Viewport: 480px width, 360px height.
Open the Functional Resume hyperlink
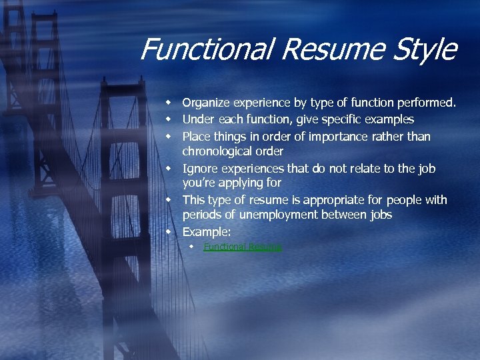pyautogui.click(x=243, y=247)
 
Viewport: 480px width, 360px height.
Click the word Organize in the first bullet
pyautogui.click(x=205, y=103)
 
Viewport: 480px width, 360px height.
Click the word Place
pyautogui.click(x=196, y=137)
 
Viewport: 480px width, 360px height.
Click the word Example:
pyautogui.click(x=207, y=232)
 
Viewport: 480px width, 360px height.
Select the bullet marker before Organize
pyautogui.click(x=169, y=103)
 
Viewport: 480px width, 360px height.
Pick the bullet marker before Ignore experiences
pyautogui.click(x=169, y=169)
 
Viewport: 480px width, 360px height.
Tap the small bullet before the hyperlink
pyautogui.click(x=191, y=247)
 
